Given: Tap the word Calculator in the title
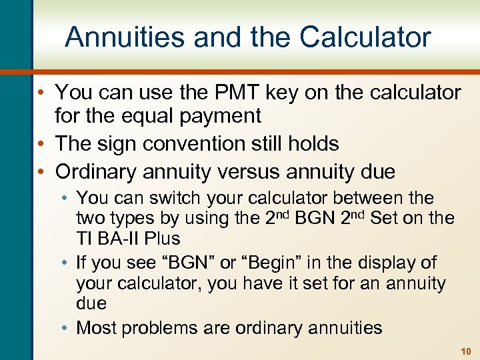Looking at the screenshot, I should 365,37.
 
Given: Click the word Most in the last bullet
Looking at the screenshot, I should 97,328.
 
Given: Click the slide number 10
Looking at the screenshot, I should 465,351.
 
